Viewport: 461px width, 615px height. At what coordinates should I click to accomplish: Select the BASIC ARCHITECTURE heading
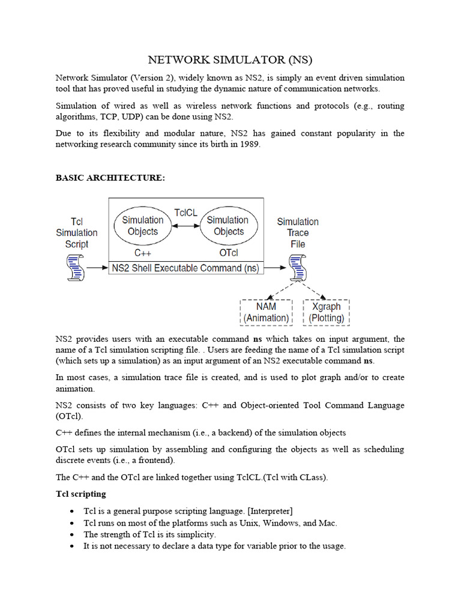point(110,178)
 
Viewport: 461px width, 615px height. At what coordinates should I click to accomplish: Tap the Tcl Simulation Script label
point(77,232)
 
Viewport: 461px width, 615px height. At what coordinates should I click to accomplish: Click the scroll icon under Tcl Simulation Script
point(76,267)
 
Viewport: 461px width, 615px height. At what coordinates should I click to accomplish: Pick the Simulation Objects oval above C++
point(143,226)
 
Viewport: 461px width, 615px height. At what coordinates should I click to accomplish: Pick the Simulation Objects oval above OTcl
point(228,226)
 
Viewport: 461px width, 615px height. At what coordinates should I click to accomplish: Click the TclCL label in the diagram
point(185,213)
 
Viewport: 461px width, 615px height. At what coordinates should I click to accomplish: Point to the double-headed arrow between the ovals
point(185,226)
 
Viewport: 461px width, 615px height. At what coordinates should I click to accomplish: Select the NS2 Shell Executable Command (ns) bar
point(185,268)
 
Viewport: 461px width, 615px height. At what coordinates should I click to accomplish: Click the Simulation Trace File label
point(298,232)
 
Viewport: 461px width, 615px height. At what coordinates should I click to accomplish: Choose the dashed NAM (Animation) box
point(266,312)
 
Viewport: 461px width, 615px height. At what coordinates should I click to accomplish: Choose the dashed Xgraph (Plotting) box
point(326,312)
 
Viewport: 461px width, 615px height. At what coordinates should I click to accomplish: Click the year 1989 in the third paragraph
point(250,145)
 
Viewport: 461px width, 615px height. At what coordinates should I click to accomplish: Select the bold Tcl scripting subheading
point(81,494)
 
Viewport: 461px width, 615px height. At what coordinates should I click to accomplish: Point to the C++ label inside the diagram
point(142,252)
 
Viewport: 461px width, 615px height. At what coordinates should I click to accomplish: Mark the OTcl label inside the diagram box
point(229,252)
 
